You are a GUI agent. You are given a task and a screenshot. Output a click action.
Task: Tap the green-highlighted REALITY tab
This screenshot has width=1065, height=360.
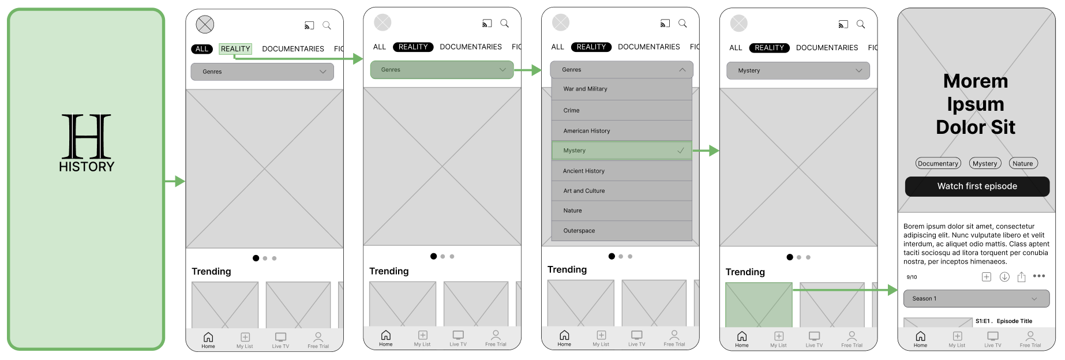tap(235, 49)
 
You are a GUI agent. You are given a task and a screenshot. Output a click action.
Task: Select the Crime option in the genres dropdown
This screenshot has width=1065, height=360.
tap(621, 110)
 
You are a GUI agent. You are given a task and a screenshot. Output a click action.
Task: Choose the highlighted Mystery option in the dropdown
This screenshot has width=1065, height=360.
tap(621, 151)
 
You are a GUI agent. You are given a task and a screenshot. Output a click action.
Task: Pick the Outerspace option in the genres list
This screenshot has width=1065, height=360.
tap(621, 231)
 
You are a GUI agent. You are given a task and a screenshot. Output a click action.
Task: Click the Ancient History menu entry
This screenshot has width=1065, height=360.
tap(621, 171)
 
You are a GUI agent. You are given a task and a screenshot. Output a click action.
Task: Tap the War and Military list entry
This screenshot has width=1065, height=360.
tap(621, 89)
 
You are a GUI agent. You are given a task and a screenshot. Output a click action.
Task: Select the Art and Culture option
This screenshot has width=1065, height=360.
tap(621, 191)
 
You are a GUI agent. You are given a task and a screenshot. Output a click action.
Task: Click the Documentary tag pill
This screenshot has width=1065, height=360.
tap(938, 163)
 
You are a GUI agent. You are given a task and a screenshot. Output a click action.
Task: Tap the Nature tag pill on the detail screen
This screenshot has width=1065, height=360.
tap(1023, 163)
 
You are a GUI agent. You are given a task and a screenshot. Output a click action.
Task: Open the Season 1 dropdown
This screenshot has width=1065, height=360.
tap(977, 298)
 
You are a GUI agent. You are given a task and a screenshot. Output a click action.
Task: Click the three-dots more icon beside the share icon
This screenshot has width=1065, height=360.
tap(1039, 276)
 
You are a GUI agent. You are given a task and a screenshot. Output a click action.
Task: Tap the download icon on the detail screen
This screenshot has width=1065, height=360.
tap(1004, 277)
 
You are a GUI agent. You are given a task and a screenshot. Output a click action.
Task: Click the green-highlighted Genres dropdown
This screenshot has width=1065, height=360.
tap(442, 70)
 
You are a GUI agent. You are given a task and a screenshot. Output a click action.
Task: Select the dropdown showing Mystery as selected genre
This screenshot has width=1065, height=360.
tap(798, 70)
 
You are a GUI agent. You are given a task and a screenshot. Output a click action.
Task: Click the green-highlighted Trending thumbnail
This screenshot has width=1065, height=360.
tap(759, 305)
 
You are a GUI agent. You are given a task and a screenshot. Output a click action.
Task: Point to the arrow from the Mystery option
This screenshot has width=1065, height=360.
tap(706, 151)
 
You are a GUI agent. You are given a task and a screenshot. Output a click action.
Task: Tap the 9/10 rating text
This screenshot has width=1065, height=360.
tap(912, 277)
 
